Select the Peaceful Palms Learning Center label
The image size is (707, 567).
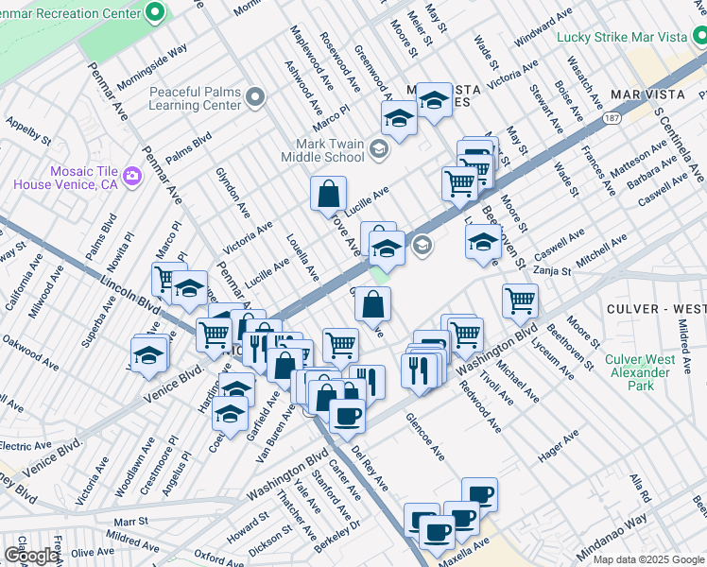tap(194, 99)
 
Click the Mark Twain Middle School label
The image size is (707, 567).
tap(324, 150)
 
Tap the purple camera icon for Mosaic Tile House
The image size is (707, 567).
tap(131, 176)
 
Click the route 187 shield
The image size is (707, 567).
tap(614, 118)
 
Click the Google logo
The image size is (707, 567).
tap(30, 556)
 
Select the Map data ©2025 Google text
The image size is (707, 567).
tap(647, 559)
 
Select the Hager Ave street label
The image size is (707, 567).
tap(558, 449)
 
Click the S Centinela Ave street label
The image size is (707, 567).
tap(680, 147)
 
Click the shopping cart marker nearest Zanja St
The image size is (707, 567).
tap(520, 301)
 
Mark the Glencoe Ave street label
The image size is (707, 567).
tap(425, 436)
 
